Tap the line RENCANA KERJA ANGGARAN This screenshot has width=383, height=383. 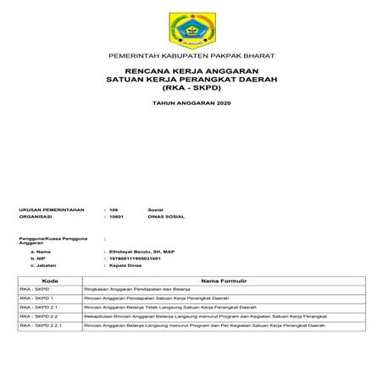click(x=191, y=70)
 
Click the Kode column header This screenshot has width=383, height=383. click(x=49, y=280)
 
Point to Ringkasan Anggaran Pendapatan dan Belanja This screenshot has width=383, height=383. click(x=137, y=289)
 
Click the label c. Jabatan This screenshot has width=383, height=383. click(x=44, y=267)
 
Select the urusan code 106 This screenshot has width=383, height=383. click(x=114, y=208)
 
